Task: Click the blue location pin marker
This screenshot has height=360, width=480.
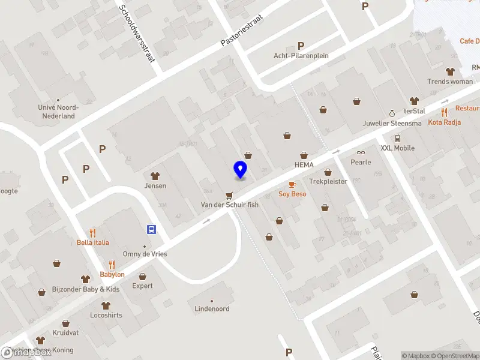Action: pos(241,170)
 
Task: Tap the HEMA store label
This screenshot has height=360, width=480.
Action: pos(304,165)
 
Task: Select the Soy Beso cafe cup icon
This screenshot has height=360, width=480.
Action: pos(292,184)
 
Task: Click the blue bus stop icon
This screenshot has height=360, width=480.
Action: pos(152,229)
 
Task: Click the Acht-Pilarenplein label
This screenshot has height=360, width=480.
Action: pos(301,56)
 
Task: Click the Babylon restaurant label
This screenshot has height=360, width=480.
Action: pos(112,274)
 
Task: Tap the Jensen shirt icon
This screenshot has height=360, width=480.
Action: pos(155,176)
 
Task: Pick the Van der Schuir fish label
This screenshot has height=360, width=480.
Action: pos(230,205)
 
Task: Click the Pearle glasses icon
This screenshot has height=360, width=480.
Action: pos(361,152)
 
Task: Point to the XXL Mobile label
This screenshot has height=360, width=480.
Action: pos(397,148)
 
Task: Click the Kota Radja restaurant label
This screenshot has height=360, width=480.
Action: pos(444,122)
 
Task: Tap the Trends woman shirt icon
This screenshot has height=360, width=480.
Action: pos(450,71)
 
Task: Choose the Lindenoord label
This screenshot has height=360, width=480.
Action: pos(212,309)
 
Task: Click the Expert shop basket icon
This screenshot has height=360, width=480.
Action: pos(143,277)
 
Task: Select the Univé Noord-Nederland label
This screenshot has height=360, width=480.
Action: pos(58,112)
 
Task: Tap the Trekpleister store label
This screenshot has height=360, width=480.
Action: pos(328,181)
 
